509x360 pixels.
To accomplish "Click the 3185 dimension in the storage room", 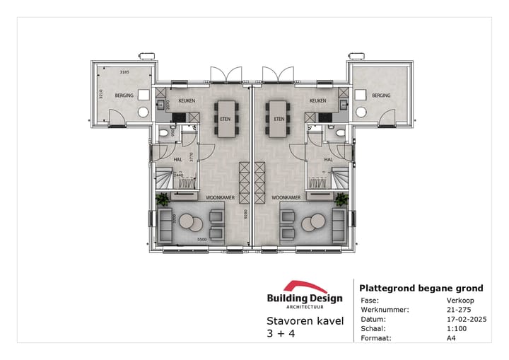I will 124,72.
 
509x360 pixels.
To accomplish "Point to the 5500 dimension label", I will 201,239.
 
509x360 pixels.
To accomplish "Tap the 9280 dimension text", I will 245,214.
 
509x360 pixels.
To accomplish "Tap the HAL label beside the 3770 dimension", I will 179,160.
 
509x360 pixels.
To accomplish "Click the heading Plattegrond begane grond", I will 421,288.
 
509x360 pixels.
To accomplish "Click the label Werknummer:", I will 381,308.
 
